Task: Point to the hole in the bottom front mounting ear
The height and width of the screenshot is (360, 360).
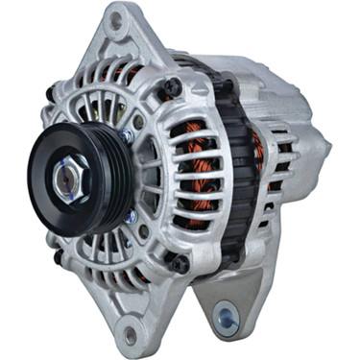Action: pyautogui.click(x=131, y=335)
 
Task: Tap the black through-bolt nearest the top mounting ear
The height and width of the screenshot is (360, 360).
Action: pyautogui.click(x=173, y=87)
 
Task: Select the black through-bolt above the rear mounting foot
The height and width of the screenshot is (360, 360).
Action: pyautogui.click(x=180, y=260)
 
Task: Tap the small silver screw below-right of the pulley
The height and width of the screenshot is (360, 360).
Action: pyautogui.click(x=130, y=216)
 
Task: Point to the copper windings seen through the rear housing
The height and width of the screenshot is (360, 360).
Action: pyautogui.click(x=257, y=154)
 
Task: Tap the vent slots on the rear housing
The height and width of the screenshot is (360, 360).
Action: pyautogui.click(x=288, y=192)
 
